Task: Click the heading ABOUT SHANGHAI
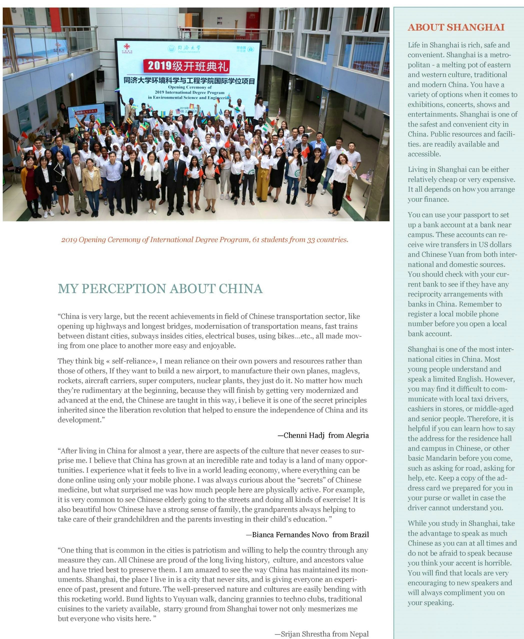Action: pyautogui.click(x=456, y=27)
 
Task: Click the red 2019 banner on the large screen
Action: pyautogui.click(x=188, y=66)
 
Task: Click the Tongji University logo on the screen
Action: pyautogui.click(x=172, y=48)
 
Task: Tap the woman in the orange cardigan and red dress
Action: pyautogui.click(x=29, y=184)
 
